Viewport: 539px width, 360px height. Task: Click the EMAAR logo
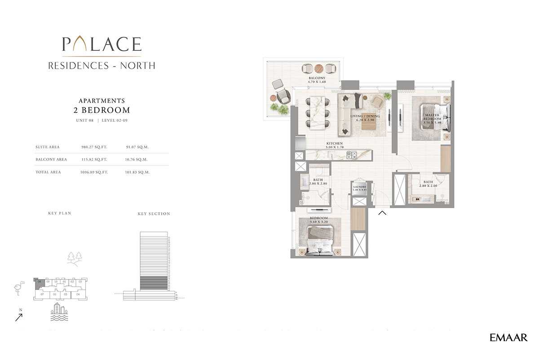pyautogui.click(x=508, y=338)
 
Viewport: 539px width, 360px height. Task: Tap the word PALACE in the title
pyautogui.click(x=102, y=44)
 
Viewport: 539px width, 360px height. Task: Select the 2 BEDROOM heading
pyautogui.click(x=102, y=110)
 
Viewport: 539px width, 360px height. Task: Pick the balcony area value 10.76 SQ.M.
pyautogui.click(x=137, y=160)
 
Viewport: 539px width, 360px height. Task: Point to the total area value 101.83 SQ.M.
pyautogui.click(x=137, y=172)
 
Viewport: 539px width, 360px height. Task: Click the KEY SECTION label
pyautogui.click(x=154, y=214)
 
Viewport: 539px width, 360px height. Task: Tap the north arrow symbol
pyautogui.click(x=19, y=317)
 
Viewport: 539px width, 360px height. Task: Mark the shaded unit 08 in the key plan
pyautogui.click(x=39, y=282)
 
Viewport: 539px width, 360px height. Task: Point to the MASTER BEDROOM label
pyautogui.click(x=432, y=118)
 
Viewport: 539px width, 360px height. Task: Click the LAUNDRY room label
pyautogui.click(x=360, y=188)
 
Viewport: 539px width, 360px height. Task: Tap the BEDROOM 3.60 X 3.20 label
pyautogui.click(x=319, y=220)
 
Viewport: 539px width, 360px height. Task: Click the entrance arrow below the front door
pyautogui.click(x=382, y=213)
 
